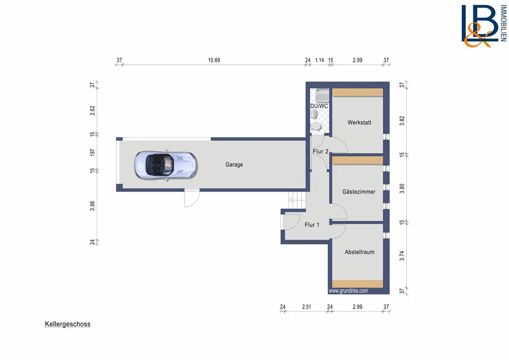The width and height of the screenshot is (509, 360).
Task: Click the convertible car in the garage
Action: pos(165,165)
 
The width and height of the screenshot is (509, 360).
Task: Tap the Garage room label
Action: pos(234,164)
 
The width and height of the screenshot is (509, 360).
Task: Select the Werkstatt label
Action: pos(359,122)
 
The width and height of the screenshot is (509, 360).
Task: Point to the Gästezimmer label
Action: pos(359,191)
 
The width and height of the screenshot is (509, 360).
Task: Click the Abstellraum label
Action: pos(359,252)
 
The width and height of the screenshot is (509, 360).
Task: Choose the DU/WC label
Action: pos(319,106)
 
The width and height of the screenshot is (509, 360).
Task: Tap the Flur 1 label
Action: pos(312,225)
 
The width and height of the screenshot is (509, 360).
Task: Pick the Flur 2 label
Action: pos(320,151)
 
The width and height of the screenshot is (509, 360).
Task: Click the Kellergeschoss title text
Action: pos(68,324)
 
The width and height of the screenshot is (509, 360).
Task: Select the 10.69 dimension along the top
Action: pos(214,60)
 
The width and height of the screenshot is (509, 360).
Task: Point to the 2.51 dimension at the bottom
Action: pos(306,307)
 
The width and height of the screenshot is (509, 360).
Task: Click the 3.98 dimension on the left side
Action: pos(93,206)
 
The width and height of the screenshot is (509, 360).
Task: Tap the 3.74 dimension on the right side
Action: pos(402,256)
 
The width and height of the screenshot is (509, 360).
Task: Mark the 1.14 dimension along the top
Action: pos(320,60)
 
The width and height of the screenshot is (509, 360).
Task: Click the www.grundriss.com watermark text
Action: pos(348,291)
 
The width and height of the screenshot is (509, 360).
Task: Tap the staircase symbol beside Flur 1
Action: pos(297,200)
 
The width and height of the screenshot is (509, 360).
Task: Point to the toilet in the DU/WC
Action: pos(316,127)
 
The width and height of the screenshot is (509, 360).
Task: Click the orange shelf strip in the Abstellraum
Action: pos(357,284)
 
